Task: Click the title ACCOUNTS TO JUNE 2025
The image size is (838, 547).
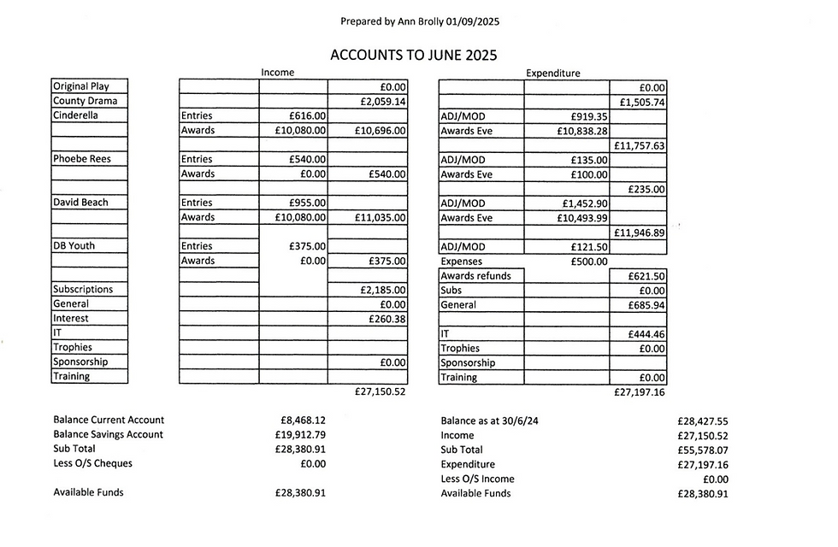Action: click(414, 55)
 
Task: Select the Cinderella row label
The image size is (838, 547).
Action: click(75, 115)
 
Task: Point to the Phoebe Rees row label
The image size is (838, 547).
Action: click(82, 159)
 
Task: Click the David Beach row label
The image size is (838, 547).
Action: click(80, 203)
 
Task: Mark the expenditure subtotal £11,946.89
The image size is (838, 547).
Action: click(639, 232)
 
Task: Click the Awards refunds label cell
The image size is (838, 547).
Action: click(476, 276)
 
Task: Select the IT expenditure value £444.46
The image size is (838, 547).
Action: click(642, 334)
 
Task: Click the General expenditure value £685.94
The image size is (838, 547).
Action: click(642, 305)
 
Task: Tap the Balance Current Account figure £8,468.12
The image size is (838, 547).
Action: click(303, 421)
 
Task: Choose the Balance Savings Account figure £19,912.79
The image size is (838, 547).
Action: click(300, 435)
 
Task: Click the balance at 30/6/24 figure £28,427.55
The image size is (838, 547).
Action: click(702, 421)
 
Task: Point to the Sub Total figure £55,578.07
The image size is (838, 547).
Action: click(702, 450)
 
